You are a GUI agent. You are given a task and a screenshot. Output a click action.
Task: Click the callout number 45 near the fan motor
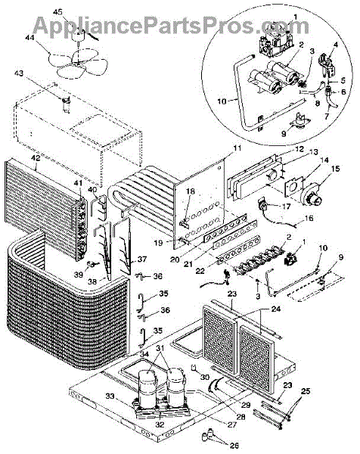coord(58,12)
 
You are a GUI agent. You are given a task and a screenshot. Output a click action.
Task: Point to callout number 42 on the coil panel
coord(36,158)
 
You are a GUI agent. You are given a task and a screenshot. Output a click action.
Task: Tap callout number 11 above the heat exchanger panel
coord(237,148)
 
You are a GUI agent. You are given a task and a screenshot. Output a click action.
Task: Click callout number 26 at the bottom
coord(234,446)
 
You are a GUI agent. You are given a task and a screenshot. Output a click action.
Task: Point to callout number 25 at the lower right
coord(306,391)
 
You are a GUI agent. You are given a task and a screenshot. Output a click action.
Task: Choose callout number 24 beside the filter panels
coord(276,309)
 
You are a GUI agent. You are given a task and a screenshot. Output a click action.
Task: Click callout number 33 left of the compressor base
coord(110,396)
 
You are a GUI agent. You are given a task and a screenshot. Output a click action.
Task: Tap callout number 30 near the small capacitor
coord(205,378)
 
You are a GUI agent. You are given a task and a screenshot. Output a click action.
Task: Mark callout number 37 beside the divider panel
coord(142,259)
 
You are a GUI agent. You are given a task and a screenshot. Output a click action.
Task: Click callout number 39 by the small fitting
coord(79,274)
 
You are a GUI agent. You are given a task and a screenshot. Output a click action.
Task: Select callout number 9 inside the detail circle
coord(284,133)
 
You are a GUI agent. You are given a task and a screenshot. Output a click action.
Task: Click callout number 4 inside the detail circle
coord(336,45)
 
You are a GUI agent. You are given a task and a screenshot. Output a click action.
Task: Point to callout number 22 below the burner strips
coord(200,271)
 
